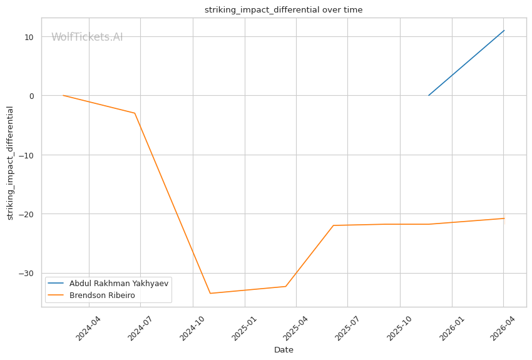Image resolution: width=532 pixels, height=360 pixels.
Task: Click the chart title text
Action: tap(284, 10)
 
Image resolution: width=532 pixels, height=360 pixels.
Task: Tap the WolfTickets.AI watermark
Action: tap(87, 38)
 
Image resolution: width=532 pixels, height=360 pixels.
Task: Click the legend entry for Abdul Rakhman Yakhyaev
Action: tap(119, 283)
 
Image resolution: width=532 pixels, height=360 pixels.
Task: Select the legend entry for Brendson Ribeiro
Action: tap(102, 296)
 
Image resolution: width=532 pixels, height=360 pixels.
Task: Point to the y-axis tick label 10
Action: tap(29, 37)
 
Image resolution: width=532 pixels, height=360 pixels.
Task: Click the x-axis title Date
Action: tap(284, 350)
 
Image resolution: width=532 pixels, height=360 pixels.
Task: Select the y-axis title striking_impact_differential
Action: tap(11, 163)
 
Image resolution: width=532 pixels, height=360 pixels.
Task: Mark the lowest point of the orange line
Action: tap(210, 293)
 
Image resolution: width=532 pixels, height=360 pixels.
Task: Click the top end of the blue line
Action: tap(504, 31)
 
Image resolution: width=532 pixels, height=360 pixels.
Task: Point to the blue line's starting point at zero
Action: tap(429, 95)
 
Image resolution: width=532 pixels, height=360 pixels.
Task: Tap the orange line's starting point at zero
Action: tap(63, 95)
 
